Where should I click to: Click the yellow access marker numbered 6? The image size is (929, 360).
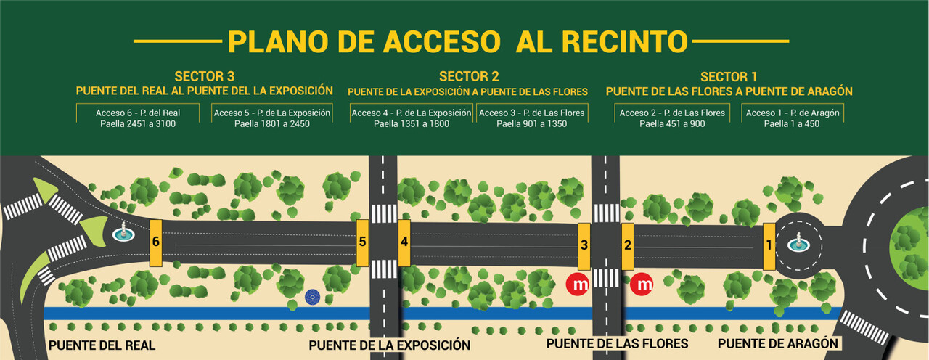[x=155, y=242]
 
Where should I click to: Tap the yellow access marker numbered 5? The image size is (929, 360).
[x=362, y=242]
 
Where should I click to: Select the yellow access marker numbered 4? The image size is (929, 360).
[x=404, y=242]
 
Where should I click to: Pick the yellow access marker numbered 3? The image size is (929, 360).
[x=584, y=245]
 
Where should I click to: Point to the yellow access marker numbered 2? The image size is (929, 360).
[x=628, y=245]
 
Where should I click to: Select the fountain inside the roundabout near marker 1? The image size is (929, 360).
[x=799, y=243]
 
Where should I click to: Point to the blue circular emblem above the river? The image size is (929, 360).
[x=312, y=295]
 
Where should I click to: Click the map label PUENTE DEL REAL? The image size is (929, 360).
[x=102, y=346]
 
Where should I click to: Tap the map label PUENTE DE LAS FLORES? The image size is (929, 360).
[x=617, y=343]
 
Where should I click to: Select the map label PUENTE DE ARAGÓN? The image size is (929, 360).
[x=779, y=343]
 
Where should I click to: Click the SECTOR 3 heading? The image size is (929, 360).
[x=204, y=76]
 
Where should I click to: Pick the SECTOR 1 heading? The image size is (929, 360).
[x=729, y=76]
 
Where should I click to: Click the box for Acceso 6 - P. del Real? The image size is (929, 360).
[x=138, y=118]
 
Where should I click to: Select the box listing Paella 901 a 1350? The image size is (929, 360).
[x=531, y=118]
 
